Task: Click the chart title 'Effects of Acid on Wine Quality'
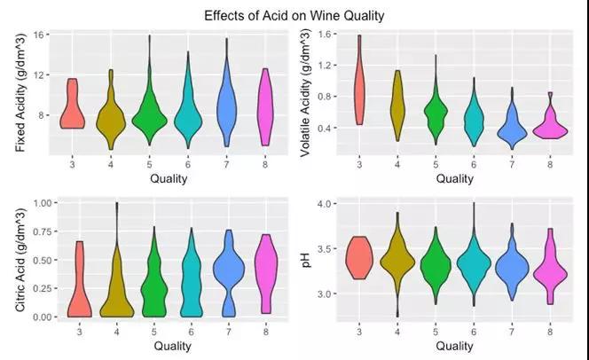[294, 16]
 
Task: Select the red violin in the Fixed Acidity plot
[72, 109]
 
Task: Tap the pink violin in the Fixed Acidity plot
[265, 107]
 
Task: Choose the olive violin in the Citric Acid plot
[117, 286]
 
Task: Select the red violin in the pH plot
[359, 258]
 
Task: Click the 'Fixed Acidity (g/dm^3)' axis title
[20, 93]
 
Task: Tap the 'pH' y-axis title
[307, 260]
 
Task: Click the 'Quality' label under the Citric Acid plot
[172, 346]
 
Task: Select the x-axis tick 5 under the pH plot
[436, 332]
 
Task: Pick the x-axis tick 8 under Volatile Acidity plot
[550, 164]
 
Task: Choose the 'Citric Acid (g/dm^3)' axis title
[20, 260]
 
